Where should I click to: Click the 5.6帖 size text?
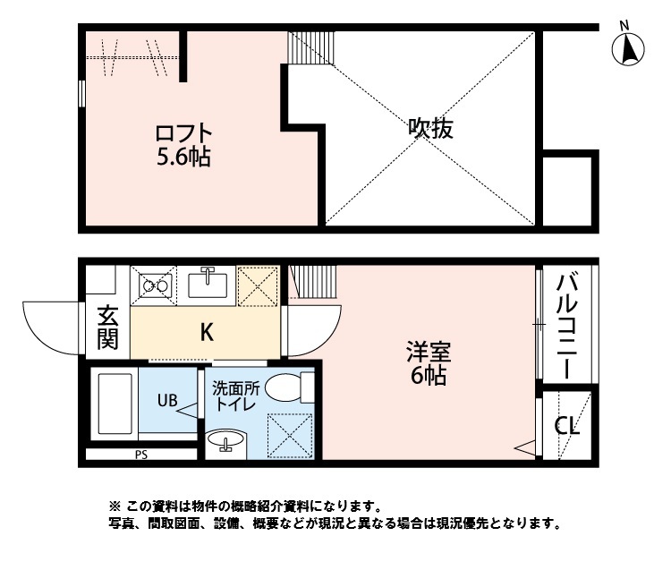[183, 158]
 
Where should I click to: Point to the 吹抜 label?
[431, 128]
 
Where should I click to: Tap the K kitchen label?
[206, 332]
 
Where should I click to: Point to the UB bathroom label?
[167, 400]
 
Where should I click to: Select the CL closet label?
[567, 425]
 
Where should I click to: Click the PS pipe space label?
[140, 455]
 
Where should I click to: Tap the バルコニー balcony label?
[567, 327]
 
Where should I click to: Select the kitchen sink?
[208, 285]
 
